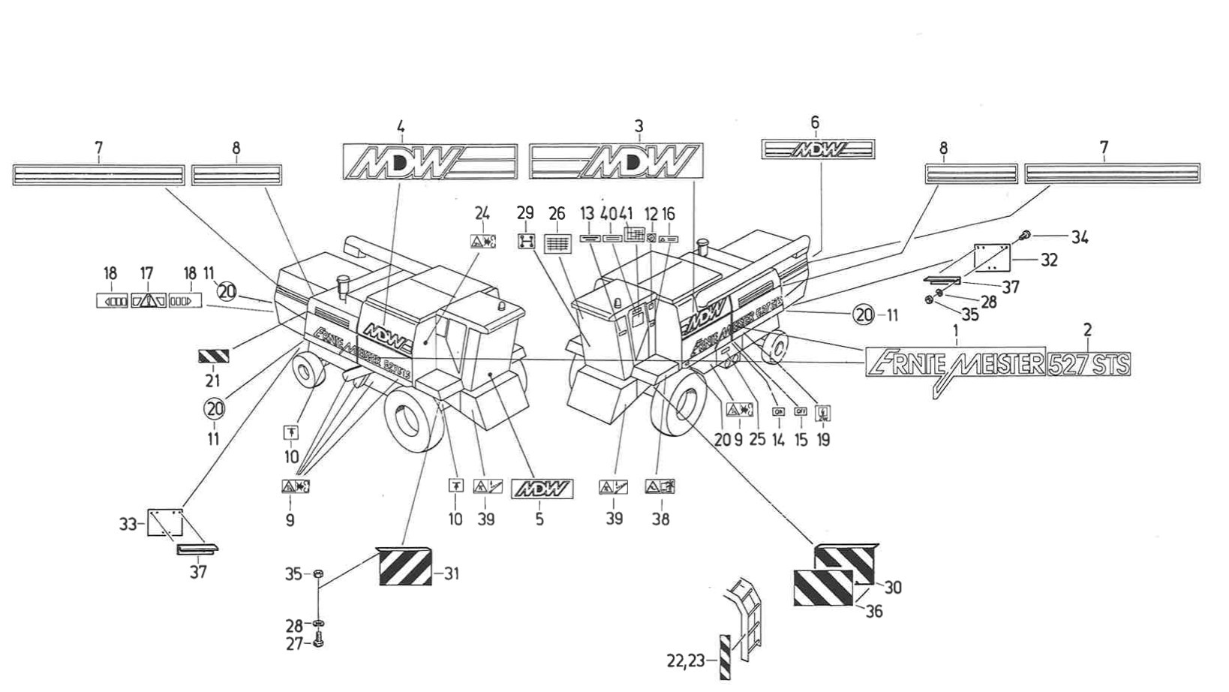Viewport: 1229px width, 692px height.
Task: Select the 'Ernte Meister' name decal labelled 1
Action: [x=954, y=363]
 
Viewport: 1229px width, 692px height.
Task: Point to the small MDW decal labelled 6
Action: [x=818, y=149]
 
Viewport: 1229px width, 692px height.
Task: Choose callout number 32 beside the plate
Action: [x=1049, y=260]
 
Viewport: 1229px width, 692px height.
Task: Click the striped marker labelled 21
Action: [x=213, y=356]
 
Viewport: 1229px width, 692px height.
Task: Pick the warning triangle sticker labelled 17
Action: [x=149, y=300]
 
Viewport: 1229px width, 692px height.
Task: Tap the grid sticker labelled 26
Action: [x=557, y=243]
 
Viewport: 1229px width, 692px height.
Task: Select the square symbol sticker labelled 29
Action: [x=526, y=241]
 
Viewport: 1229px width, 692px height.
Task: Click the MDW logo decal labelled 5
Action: [x=542, y=489]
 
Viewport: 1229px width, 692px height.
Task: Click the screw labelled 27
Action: [x=318, y=642]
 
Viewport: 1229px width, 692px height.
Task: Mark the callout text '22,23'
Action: [x=686, y=660]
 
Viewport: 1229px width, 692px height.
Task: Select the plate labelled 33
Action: [x=164, y=522]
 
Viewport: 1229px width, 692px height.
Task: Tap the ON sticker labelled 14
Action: [x=778, y=412]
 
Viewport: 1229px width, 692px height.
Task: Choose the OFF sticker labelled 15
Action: [x=801, y=411]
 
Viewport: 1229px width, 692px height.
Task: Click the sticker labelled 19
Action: [x=823, y=412]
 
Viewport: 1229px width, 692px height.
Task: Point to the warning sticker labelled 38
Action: [x=660, y=486]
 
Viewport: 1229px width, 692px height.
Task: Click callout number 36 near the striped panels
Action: [x=873, y=611]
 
